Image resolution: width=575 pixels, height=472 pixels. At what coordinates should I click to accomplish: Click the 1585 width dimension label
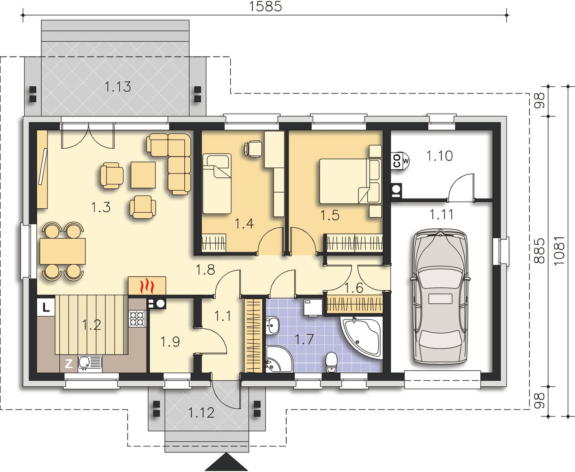pos(266,6)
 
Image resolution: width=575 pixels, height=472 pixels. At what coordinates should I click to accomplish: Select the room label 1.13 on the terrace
pos(118,87)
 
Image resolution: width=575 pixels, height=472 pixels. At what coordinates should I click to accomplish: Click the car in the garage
pos(440,296)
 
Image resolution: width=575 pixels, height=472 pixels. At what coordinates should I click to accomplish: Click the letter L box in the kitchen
pos(46,307)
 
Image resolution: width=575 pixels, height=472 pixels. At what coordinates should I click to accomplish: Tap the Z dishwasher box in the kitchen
pos(69,364)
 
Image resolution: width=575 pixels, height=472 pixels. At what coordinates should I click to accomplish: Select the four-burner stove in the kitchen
pos(137,319)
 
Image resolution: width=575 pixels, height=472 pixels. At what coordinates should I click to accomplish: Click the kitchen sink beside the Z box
pos(90,364)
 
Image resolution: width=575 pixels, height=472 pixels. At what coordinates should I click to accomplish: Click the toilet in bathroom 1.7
pos(332,362)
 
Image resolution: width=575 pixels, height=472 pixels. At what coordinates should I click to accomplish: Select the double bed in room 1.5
pos(350,181)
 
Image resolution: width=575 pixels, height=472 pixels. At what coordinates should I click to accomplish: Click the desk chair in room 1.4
pos(253,149)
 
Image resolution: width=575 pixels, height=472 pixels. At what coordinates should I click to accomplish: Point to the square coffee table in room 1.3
pos(143,175)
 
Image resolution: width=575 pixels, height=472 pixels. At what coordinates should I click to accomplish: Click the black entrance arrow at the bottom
pos(226,462)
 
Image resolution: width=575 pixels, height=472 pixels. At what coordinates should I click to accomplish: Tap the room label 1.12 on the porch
pos(201,413)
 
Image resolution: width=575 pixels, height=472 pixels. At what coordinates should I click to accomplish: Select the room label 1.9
pos(170,341)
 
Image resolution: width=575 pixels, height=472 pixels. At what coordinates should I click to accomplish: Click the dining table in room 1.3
pos(63,251)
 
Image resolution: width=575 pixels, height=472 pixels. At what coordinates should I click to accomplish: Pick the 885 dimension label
pos(539,251)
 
